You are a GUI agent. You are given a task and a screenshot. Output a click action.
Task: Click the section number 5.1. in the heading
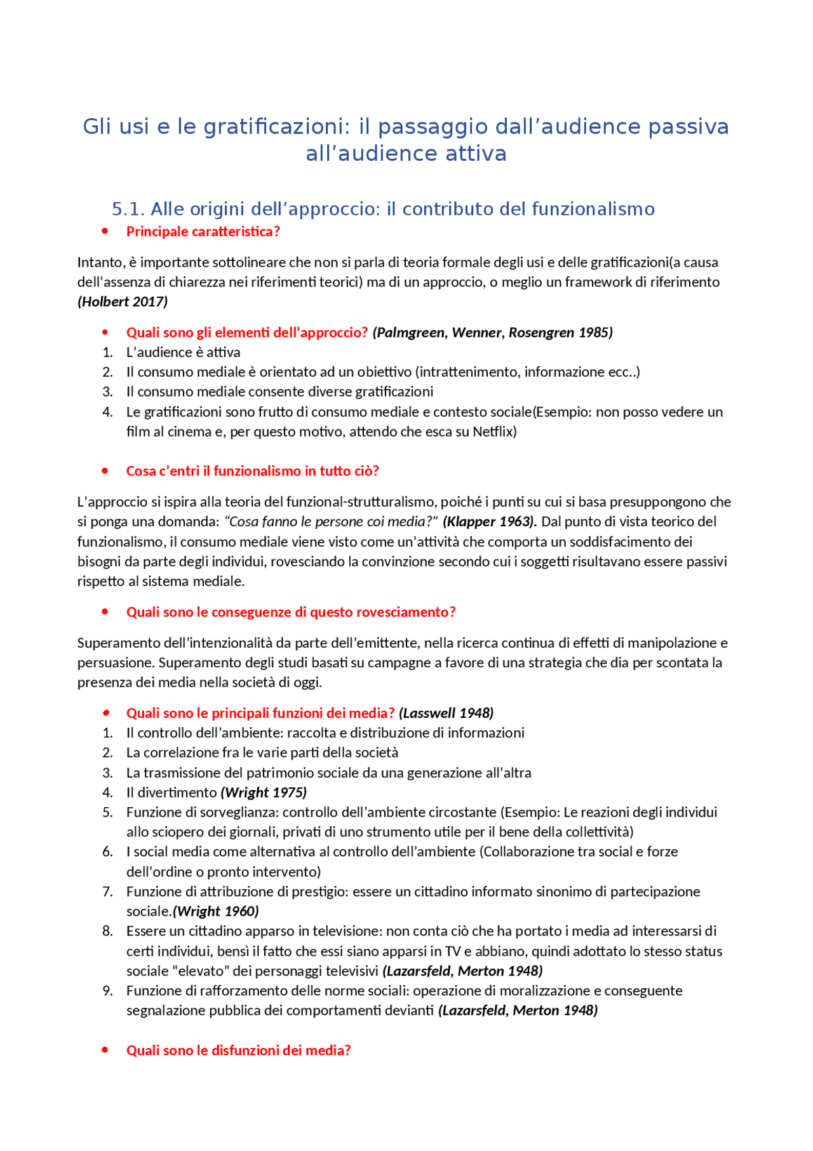pos(128,209)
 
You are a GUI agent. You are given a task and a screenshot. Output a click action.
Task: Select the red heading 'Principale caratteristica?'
pos(203,231)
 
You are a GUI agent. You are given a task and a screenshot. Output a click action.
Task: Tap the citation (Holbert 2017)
pos(123,302)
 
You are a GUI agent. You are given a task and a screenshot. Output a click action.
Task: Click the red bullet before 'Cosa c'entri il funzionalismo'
pos(105,471)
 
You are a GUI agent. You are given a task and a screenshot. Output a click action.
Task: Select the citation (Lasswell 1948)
pos(446,713)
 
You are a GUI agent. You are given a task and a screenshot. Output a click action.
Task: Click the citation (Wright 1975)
pos(264,793)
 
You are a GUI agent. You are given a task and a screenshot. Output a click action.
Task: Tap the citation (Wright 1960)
pos(216,911)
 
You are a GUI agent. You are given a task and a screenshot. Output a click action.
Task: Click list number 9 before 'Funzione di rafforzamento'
pos(107,991)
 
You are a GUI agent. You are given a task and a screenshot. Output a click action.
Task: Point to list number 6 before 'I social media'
pos(107,852)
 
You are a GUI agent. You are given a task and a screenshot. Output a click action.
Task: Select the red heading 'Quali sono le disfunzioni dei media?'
pos(238,1051)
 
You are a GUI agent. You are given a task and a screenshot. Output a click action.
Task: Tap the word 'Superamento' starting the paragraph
pos(116,643)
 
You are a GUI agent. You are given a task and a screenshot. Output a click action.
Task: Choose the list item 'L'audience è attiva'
pos(183,352)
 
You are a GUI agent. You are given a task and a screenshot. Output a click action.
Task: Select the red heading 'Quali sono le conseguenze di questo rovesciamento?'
pos(291,612)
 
